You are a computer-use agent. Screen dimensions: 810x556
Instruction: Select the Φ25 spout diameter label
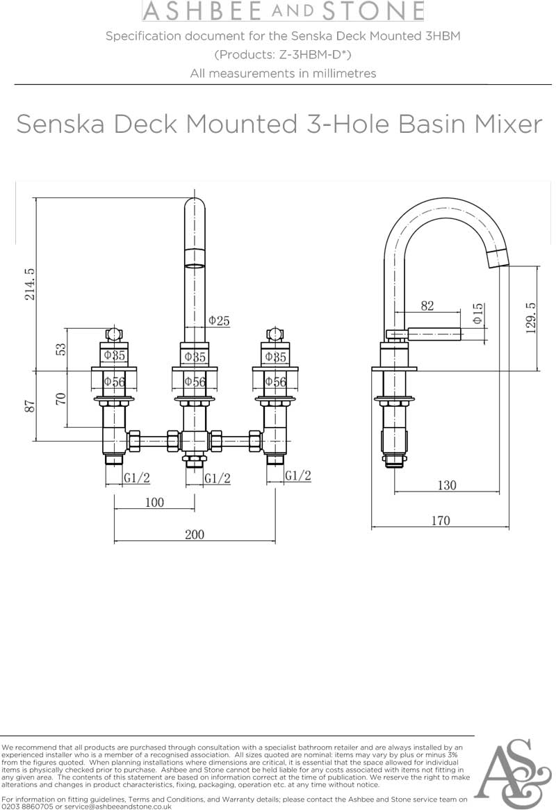(x=218, y=321)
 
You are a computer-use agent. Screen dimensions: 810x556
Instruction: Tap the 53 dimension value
(x=61, y=349)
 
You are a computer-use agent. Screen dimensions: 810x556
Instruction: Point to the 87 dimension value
(x=30, y=405)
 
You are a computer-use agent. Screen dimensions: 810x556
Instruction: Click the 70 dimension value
(x=61, y=399)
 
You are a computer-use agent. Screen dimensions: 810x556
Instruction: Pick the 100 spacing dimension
(x=154, y=502)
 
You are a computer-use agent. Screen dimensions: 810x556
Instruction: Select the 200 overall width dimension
(x=195, y=534)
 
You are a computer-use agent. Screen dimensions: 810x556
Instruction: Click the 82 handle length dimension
(x=427, y=305)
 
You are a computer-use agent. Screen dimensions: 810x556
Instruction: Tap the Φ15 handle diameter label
(x=478, y=314)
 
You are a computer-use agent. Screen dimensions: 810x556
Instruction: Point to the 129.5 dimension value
(x=532, y=318)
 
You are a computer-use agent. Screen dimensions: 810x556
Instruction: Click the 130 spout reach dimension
(x=447, y=485)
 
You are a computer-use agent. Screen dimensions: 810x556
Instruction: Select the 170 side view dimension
(x=440, y=520)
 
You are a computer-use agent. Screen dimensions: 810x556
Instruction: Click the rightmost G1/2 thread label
(x=298, y=476)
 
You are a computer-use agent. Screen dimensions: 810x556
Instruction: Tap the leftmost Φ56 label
(x=114, y=381)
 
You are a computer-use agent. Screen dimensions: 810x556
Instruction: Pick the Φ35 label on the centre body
(x=195, y=357)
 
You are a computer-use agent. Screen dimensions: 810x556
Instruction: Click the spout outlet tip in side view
(x=499, y=259)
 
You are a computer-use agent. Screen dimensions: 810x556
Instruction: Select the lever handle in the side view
(x=434, y=333)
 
